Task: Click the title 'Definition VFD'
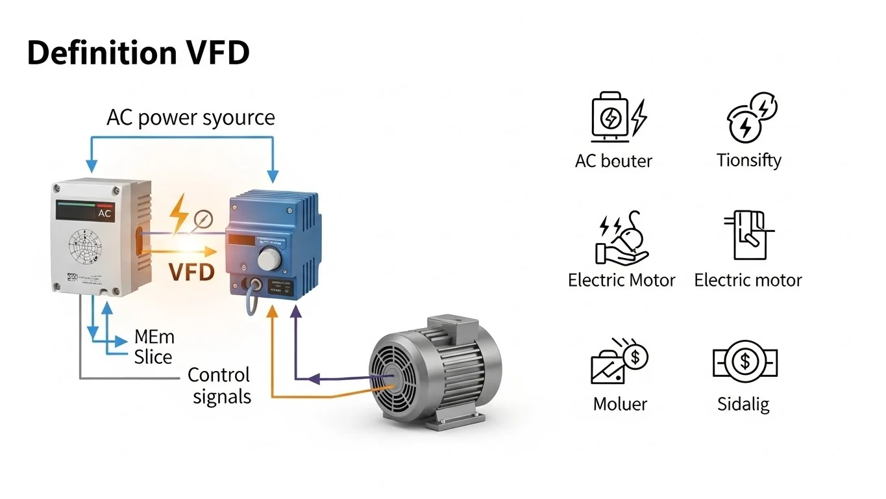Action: tap(138, 53)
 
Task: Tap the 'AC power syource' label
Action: tap(191, 118)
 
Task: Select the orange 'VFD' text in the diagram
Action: tap(191, 272)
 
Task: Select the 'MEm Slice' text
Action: tap(154, 347)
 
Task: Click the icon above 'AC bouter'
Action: tap(618, 117)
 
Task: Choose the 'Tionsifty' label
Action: tap(748, 160)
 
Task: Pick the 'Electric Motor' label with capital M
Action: tap(621, 280)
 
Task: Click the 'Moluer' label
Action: tap(620, 404)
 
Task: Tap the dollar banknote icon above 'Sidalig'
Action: tap(744, 363)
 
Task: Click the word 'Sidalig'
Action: tap(743, 404)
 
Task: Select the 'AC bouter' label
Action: tap(613, 160)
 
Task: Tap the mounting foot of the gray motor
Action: tap(448, 423)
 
